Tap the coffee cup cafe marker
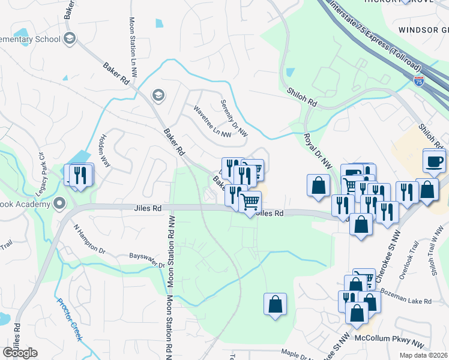[434, 161]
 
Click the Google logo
[20, 352]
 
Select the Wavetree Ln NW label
[212, 122]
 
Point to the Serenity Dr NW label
[234, 118]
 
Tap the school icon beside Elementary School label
[70, 39]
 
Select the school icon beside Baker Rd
[158, 95]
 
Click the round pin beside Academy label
[59, 203]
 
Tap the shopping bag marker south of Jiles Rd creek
[275, 303]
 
